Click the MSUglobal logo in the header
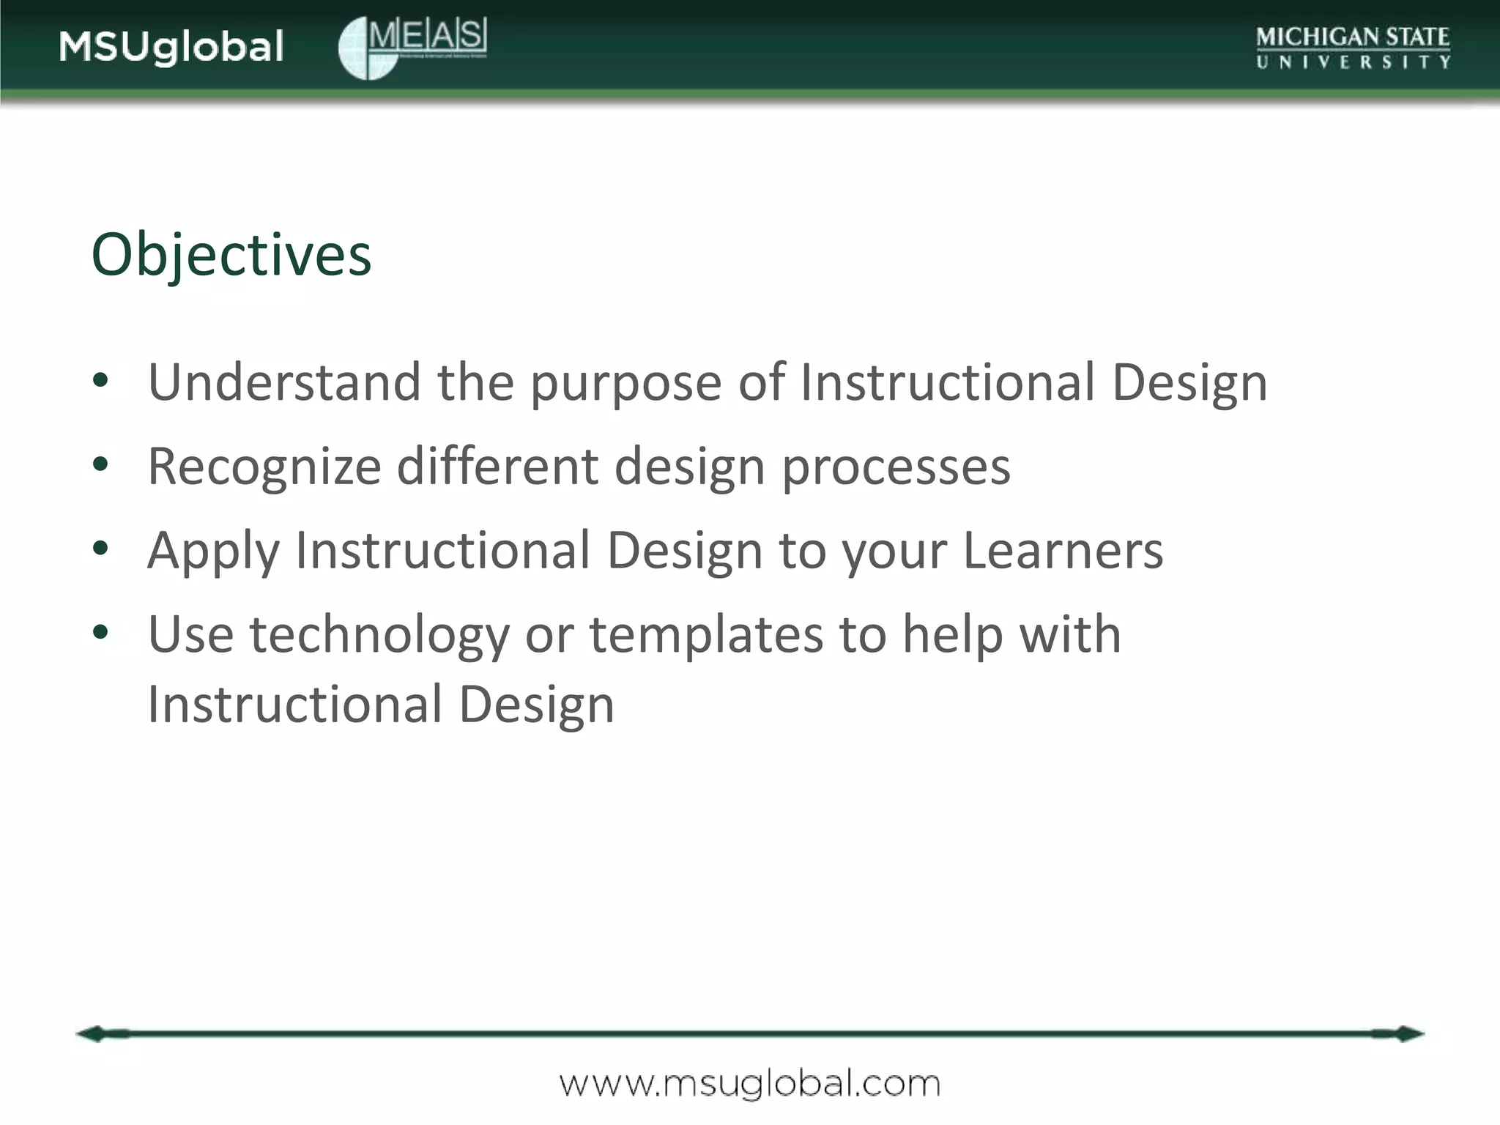(171, 47)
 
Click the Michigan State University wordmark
(1353, 48)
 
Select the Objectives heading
(231, 255)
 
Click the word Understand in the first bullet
(284, 382)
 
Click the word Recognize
(264, 467)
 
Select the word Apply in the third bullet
(213, 552)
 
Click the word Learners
(1063, 551)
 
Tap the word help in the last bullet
(952, 634)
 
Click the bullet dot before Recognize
(101, 464)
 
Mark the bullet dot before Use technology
(101, 631)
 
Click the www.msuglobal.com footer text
(749, 1083)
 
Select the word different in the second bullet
(497, 467)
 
